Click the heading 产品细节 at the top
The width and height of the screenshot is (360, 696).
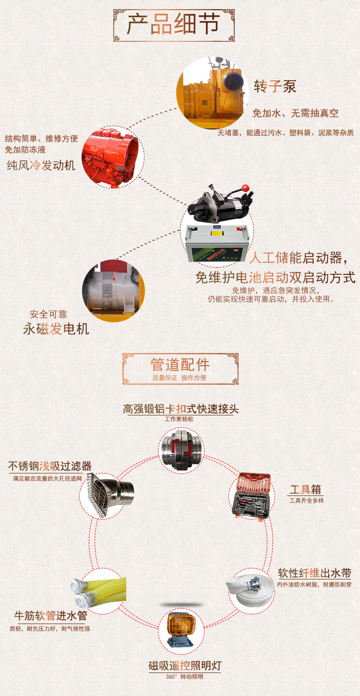[x=173, y=24]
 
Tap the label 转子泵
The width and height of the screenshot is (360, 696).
[x=275, y=86]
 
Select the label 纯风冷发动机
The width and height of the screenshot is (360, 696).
[x=41, y=165]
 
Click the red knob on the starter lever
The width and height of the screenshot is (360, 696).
[x=246, y=188]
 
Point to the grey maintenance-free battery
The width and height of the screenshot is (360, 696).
[x=217, y=243]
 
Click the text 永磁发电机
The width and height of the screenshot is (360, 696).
[x=56, y=329]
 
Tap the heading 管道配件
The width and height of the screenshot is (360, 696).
[x=180, y=365]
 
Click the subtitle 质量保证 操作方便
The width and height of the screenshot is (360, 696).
[x=179, y=377]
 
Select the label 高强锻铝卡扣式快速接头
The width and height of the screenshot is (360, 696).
[x=180, y=409]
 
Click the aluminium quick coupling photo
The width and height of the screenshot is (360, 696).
[x=181, y=450]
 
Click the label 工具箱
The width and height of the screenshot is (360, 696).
[x=305, y=489]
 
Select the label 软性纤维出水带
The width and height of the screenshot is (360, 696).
[x=314, y=573]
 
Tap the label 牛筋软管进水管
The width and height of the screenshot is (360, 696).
[x=51, y=615]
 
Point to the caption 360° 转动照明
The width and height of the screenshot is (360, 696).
[x=184, y=676]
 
